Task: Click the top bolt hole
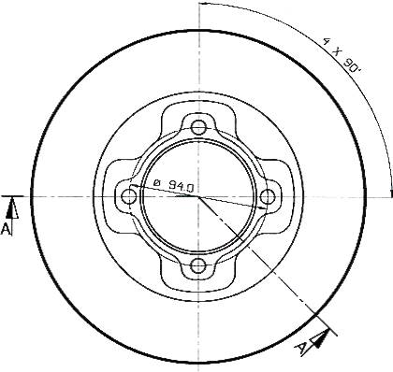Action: pyautogui.click(x=198, y=127)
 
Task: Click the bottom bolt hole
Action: pyautogui.click(x=198, y=266)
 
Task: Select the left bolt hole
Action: pyautogui.click(x=128, y=196)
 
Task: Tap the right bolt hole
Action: pyautogui.click(x=268, y=196)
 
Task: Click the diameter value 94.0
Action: pyautogui.click(x=182, y=186)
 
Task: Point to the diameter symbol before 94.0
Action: pyautogui.click(x=157, y=182)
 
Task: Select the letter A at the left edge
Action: pyautogui.click(x=7, y=229)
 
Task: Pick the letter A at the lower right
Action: pyautogui.click(x=301, y=348)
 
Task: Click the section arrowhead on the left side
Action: pyautogui.click(x=12, y=208)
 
